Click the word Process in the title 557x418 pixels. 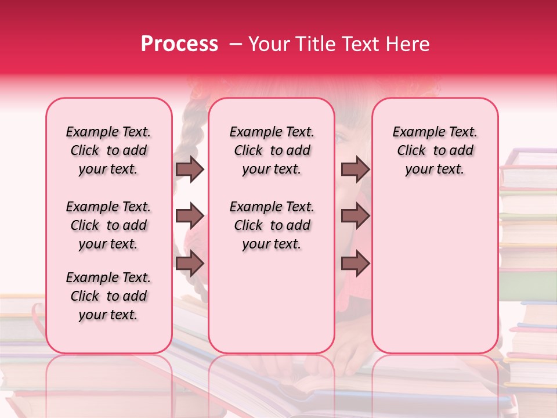coord(179,44)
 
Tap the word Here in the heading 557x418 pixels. coord(409,44)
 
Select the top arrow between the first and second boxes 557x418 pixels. coord(190,170)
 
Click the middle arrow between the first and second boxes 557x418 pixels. coord(190,216)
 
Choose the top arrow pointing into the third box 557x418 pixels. coord(355,170)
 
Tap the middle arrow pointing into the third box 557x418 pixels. coord(355,216)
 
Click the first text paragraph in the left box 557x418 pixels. coord(108,150)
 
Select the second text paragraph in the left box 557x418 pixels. coord(108,225)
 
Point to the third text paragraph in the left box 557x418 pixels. coord(108,296)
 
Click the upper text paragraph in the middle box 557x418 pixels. coord(272,150)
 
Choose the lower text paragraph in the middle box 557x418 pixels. coord(272,225)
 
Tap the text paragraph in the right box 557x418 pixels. coord(435,150)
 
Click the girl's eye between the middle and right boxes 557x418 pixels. coord(341,138)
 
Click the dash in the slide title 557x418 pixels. coord(235,44)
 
